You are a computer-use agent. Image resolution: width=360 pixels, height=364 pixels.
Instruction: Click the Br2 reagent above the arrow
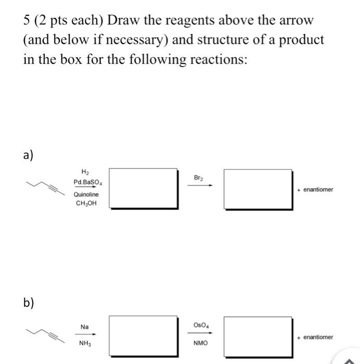199,178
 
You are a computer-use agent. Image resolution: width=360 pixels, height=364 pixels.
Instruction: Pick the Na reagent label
84,327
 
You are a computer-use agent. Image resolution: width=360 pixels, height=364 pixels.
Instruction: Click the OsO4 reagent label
200,325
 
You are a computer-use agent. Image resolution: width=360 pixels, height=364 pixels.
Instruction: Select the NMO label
200,343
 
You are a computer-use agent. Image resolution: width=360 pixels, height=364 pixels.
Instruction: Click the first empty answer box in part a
148,188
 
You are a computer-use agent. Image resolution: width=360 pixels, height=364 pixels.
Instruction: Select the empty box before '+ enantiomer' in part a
258,188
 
